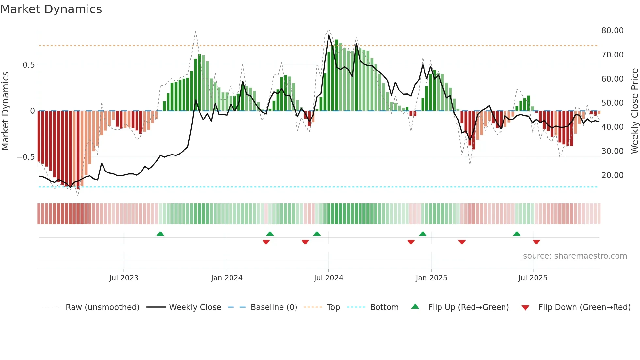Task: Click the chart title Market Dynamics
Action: pos(51,9)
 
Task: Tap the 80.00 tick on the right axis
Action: pos(612,31)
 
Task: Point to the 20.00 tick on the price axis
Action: pos(612,175)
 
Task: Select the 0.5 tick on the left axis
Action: pos(28,65)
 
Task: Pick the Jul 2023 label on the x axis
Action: pos(124,278)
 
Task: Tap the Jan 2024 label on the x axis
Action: pos(227,278)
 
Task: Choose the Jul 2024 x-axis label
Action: pos(328,278)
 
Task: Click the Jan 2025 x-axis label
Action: pos(431,278)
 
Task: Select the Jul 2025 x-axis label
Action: pos(533,278)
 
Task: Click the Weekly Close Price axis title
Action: pos(634,111)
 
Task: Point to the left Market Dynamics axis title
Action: pos(5,111)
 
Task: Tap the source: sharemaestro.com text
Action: pos(575,256)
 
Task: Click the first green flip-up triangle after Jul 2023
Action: pos(160,234)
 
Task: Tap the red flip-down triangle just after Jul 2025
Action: pos(536,242)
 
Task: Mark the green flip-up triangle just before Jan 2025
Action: pos(423,234)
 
